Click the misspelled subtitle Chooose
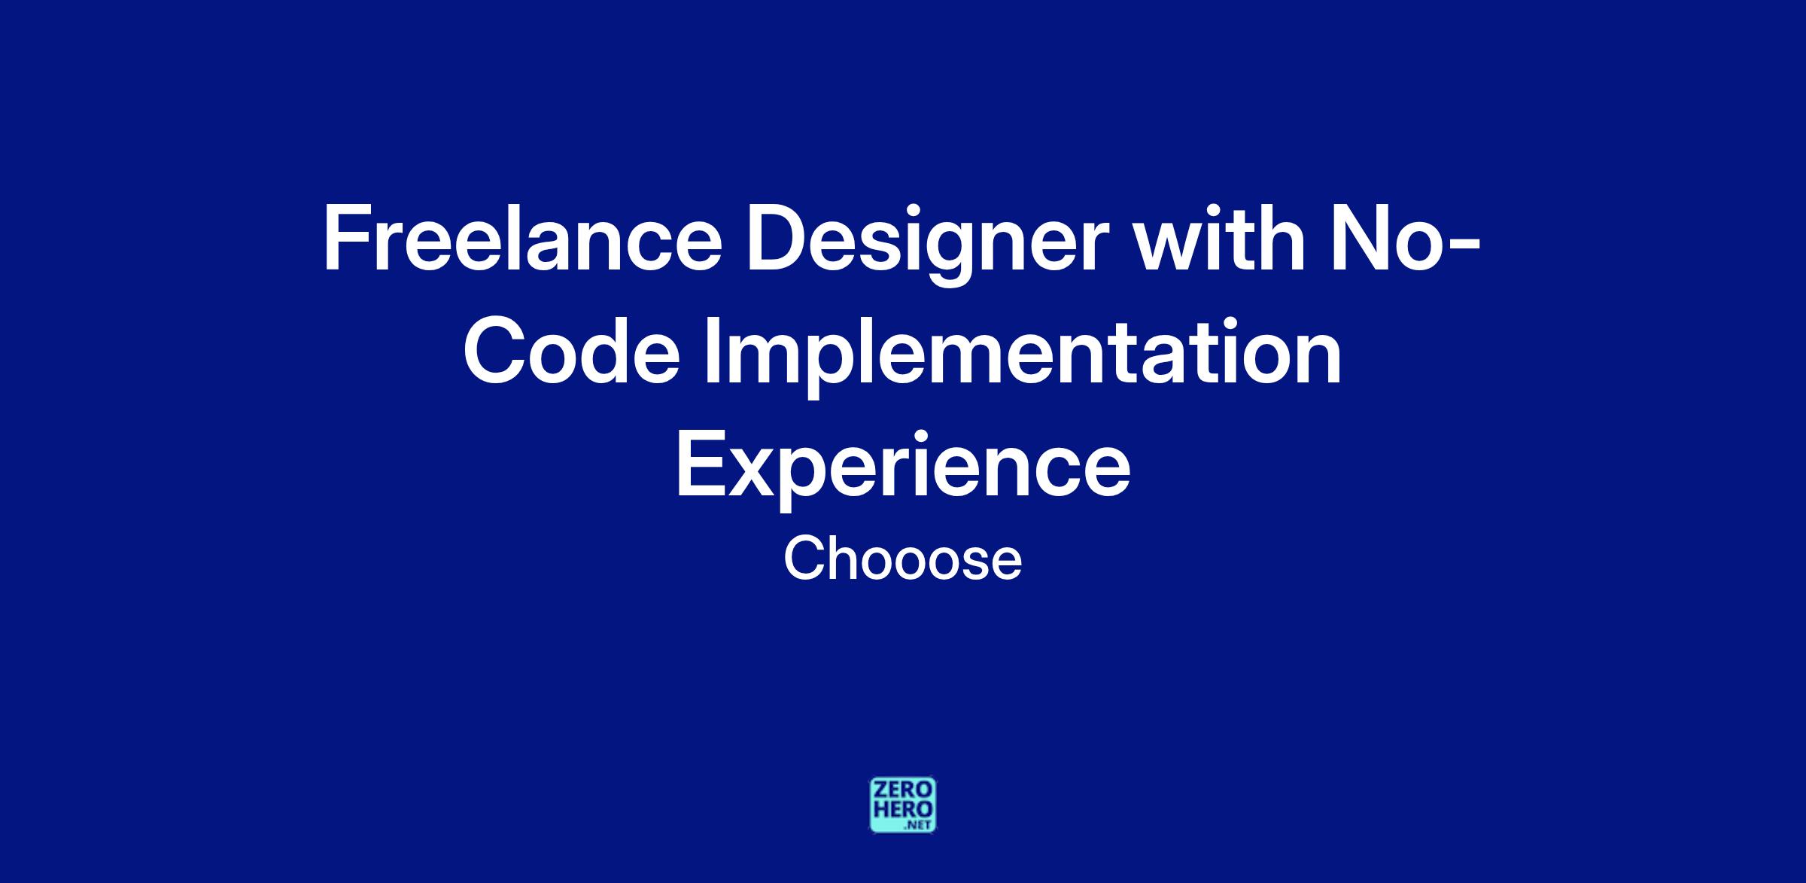(902, 559)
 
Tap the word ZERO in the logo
(903, 790)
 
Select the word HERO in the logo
(903, 808)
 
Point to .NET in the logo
(919, 825)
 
